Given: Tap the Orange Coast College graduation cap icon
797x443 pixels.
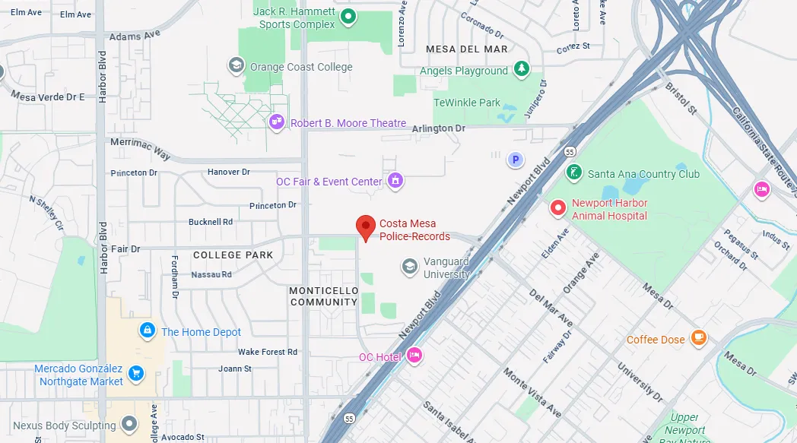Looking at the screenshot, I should point(237,66).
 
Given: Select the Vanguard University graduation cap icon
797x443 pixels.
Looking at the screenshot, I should point(410,266).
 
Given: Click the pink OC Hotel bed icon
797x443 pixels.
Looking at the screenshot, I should point(414,355).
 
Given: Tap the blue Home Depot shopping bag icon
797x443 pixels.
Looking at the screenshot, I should point(147,331).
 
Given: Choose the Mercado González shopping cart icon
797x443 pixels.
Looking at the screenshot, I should point(136,373).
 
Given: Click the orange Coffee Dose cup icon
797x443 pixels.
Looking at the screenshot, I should point(699,338).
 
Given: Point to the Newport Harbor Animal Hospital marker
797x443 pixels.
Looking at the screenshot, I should point(558,207).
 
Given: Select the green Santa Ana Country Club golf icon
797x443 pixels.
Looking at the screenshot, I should point(575,172).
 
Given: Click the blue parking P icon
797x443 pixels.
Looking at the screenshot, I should point(516,160).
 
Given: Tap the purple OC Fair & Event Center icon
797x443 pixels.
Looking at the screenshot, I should point(395,181).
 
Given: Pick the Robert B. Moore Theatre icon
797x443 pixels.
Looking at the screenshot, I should point(277,122).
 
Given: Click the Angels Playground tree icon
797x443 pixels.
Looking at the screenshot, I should point(522,70).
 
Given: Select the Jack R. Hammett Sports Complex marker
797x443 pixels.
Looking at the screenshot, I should point(348,16).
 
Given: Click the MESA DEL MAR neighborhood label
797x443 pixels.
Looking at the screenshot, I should point(466,49).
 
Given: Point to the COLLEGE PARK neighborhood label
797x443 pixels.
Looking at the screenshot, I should point(233,255).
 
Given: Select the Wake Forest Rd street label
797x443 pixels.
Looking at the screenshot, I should point(268,352).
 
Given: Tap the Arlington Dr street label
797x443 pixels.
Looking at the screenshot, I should point(438,129).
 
